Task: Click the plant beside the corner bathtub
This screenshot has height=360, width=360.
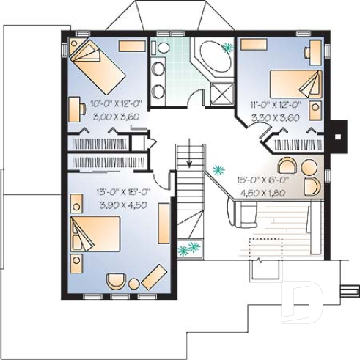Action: coord(228,48)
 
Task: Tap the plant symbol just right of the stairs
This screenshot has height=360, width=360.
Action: coord(217,171)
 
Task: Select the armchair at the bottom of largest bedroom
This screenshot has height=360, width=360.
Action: coord(115,281)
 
